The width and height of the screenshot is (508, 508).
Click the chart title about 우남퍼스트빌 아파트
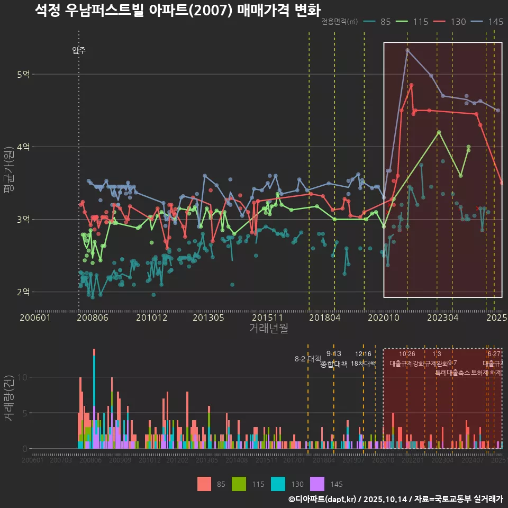pos(177,10)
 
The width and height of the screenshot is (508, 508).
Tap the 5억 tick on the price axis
pos(23,75)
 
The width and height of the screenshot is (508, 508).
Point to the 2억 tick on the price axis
pos(23,292)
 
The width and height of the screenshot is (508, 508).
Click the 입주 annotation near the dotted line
pos(79,51)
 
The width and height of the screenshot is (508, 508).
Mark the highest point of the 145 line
pos(407,50)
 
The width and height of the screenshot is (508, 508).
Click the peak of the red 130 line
pos(411,85)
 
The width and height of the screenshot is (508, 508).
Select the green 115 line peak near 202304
pos(439,132)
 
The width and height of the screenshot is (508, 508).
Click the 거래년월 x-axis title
pos(268,329)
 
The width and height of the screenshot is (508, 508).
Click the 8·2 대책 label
pos(304,359)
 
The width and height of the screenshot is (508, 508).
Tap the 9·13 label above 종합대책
pos(333,353)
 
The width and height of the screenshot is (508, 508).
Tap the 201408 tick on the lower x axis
pos(237,460)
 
